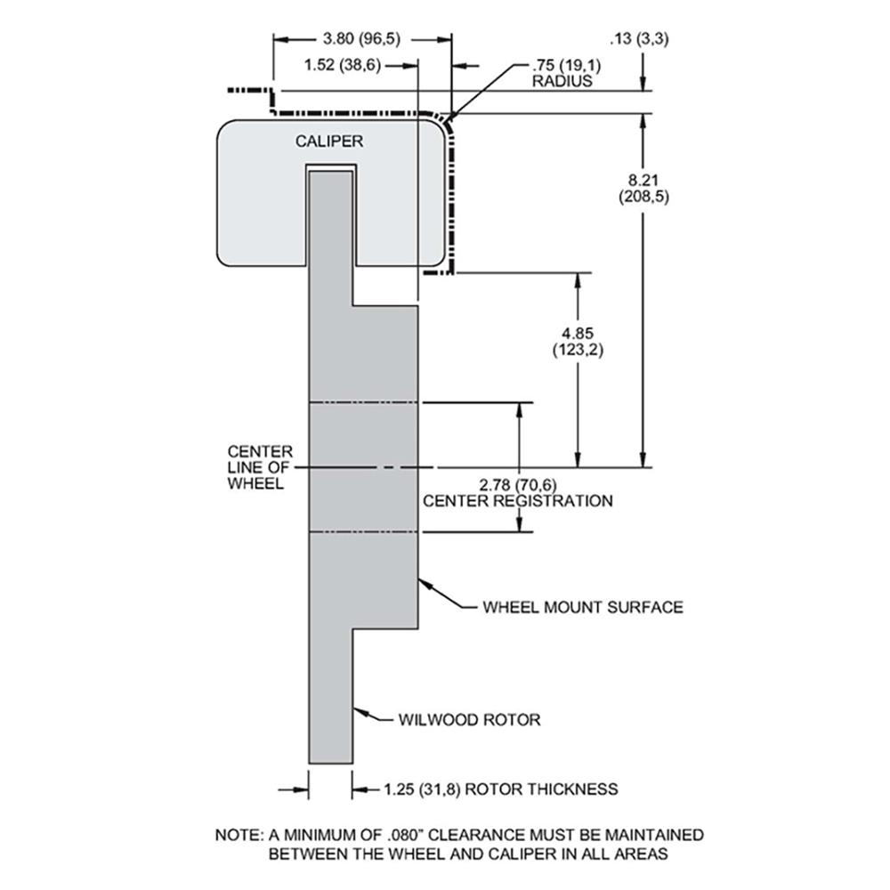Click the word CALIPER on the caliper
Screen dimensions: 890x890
pos(329,141)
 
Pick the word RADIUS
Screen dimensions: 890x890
pos(562,81)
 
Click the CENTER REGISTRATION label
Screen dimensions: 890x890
pos(517,501)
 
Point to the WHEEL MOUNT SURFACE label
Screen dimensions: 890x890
pos(582,607)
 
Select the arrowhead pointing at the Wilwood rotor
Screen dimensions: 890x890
pos(358,710)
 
